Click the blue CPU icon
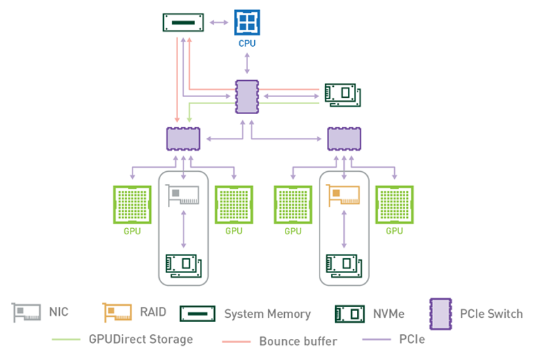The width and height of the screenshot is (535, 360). pyautogui.click(x=246, y=22)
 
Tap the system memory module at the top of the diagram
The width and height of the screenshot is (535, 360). pyautogui.click(x=184, y=22)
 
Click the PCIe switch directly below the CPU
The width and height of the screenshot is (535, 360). pyautogui.click(x=246, y=96)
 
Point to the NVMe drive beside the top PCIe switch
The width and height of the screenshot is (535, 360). pyautogui.click(x=342, y=95)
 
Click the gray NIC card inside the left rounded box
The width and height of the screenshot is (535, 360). pyautogui.click(x=184, y=196)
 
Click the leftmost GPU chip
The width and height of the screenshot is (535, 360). pyautogui.click(x=131, y=204)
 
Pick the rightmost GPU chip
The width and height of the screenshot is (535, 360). pyautogui.click(x=394, y=204)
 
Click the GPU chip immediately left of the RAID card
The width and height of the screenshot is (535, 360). pyautogui.click(x=292, y=204)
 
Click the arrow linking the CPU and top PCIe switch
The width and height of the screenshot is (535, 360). pyautogui.click(x=246, y=63)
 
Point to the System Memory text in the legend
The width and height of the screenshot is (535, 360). pyautogui.click(x=267, y=314)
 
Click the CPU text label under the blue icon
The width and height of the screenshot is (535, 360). pyautogui.click(x=246, y=44)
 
